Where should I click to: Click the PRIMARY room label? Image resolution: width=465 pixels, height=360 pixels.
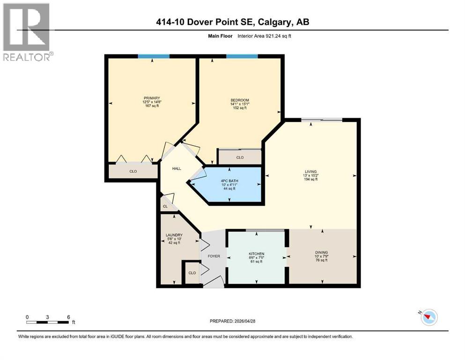152,98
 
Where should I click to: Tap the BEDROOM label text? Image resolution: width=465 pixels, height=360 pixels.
239,100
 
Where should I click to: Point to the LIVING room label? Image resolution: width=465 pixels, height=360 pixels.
310,172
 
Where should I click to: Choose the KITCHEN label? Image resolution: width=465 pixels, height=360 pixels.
257,253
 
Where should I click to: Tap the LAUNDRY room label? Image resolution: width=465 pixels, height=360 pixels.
174,235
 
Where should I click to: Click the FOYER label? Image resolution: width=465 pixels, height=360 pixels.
214,256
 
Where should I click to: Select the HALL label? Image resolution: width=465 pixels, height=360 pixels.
177,169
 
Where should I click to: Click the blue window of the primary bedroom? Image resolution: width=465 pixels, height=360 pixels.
154,56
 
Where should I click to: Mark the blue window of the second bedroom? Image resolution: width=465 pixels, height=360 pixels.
242,56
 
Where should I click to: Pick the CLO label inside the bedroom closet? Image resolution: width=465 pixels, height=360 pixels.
240,157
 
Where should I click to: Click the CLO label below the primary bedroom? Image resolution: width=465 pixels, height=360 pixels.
133,172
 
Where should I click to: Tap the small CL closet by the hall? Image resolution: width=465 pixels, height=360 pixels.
165,206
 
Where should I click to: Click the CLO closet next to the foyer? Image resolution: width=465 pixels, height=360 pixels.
192,272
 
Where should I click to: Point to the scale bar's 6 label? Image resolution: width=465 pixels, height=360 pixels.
69,317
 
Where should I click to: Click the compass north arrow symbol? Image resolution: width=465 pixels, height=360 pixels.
428,317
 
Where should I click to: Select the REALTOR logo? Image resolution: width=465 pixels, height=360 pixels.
27,32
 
